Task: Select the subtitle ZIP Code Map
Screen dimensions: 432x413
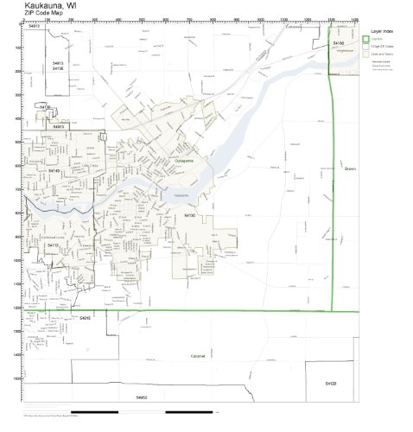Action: pos(42,16)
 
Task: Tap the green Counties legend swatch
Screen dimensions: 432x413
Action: pos(366,39)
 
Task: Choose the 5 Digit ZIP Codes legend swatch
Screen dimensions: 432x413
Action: pos(366,46)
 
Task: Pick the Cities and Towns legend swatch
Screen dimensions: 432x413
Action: pos(366,53)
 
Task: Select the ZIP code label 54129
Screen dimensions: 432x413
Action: pos(331,383)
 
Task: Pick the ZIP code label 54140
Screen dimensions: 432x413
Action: pos(55,172)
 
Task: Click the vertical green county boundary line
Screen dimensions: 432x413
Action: pos(333,216)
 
